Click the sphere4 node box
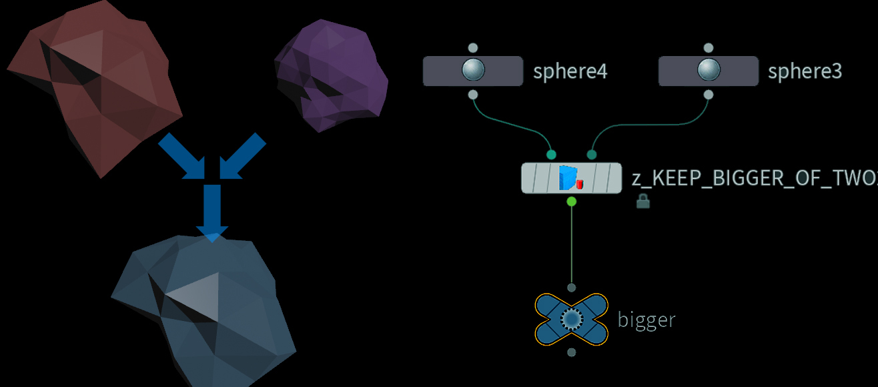point(472,71)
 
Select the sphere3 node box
point(708,71)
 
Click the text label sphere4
point(570,71)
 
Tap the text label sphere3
point(805,71)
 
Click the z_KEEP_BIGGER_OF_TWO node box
point(571,178)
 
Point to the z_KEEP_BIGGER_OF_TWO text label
point(754,179)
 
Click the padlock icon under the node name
point(643,201)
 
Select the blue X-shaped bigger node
point(571,320)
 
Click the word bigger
point(646,320)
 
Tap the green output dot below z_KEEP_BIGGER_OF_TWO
point(571,201)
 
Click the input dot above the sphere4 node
point(472,48)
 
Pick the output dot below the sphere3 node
point(708,95)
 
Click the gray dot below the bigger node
point(571,352)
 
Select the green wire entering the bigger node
point(571,247)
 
